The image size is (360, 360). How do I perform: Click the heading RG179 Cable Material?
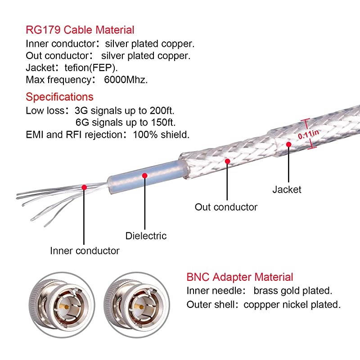coord(80,30)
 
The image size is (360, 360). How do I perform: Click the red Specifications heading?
coord(59,97)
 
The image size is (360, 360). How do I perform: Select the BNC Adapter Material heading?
coord(239,277)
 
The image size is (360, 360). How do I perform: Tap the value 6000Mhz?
coord(125,80)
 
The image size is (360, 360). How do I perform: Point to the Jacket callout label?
coord(287,189)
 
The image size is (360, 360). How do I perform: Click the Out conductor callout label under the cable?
coord(226,207)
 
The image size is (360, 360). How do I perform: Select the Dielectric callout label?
coord(146,236)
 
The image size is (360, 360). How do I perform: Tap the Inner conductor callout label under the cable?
coord(85,251)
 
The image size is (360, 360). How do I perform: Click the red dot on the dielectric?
coord(144,175)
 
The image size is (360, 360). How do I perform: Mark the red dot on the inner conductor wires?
coord(84,187)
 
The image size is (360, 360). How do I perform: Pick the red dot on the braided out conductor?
coord(228,161)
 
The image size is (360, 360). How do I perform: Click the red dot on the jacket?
coord(288,144)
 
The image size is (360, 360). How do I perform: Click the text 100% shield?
coord(161,134)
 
